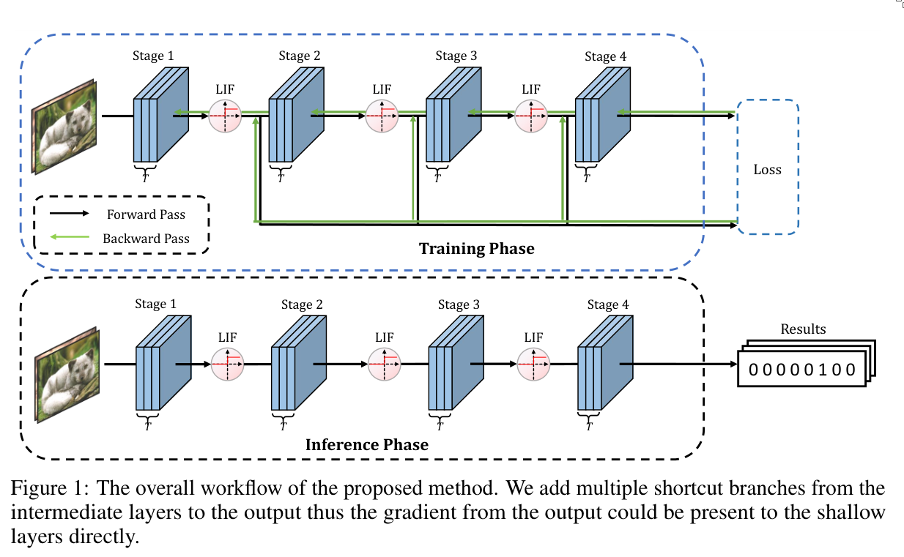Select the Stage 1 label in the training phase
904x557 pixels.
coord(153,56)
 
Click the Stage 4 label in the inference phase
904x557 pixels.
coord(607,304)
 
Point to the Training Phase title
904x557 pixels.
coord(476,249)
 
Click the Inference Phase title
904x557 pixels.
coord(366,444)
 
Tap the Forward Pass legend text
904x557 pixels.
coord(146,214)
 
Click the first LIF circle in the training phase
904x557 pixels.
coord(225,115)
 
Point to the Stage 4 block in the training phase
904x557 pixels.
coord(603,116)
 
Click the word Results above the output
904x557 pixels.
coord(803,329)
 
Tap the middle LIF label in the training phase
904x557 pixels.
coord(382,89)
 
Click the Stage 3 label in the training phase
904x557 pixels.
coord(456,56)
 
